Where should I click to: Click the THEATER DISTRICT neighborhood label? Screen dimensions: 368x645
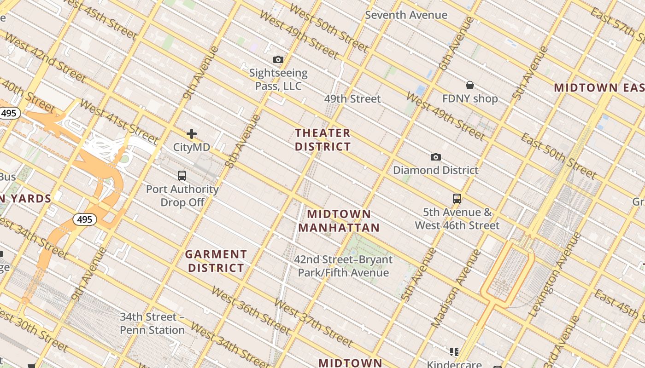pos(322,140)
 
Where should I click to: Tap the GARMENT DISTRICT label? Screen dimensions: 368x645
pos(216,261)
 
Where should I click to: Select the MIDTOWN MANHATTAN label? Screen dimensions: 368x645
pos(339,221)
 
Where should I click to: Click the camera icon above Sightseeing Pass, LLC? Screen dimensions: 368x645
pos(278,59)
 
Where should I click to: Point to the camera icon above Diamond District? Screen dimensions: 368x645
pos(435,157)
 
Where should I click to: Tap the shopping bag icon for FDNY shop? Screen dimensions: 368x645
pos(470,85)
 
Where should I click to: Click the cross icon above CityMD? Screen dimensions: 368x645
pos(192,134)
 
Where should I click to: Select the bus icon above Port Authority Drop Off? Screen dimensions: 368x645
pos(182,175)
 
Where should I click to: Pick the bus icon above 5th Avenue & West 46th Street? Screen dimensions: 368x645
pos(457,199)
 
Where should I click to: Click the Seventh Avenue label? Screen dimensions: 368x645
pos(406,15)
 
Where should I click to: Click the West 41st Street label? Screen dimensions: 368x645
pos(118,121)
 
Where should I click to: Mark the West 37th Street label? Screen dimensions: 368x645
pos(313,322)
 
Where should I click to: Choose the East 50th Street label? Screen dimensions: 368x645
pos(558,156)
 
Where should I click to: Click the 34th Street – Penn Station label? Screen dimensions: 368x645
pos(152,323)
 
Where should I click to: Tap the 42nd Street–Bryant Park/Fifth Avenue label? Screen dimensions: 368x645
pos(343,266)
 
